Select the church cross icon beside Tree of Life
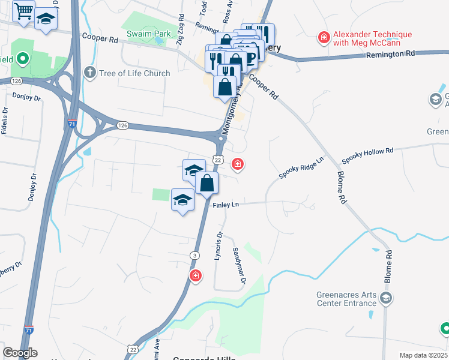coord(90,73)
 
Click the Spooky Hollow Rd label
coord(367,156)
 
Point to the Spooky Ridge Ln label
coord(301,168)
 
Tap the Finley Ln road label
coord(226,205)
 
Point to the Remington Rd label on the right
coord(391,54)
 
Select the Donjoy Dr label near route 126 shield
coord(26,95)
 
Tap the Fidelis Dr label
coord(5,120)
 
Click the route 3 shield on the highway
coord(194,256)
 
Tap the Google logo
coord(20,353)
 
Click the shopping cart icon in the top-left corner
coord(23,10)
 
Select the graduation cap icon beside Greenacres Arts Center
coord(386,298)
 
